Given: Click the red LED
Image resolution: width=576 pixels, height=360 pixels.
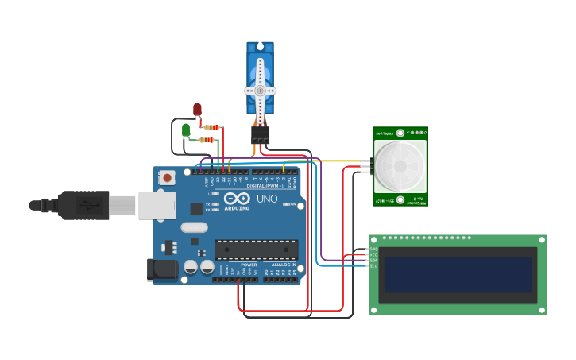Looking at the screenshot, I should click(x=197, y=110).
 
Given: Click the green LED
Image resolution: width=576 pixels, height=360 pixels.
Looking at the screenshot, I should click(x=186, y=130).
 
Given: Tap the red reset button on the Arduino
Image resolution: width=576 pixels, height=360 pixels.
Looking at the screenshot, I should click(x=168, y=178).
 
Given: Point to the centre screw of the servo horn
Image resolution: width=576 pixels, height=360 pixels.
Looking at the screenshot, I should click(x=260, y=91).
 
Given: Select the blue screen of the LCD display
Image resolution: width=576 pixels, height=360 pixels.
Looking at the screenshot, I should click(x=457, y=274).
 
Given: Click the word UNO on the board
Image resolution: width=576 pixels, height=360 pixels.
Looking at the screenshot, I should click(x=268, y=199).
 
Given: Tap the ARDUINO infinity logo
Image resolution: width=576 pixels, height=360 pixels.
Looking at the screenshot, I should click(x=237, y=199).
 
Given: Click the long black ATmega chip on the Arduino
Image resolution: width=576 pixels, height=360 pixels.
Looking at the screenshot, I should click(x=256, y=249).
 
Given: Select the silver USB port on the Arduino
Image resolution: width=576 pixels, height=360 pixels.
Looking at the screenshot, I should click(x=157, y=205).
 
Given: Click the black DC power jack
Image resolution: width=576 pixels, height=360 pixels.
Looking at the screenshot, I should click(x=162, y=269).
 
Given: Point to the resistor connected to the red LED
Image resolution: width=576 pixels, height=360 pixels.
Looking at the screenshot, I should click(x=212, y=127).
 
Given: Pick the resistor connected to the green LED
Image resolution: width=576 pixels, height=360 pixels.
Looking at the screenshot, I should click(x=207, y=140).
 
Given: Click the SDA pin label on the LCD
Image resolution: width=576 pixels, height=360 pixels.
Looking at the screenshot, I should click(x=373, y=260).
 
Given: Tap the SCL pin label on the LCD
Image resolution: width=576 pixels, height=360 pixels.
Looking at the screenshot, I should click(x=373, y=265).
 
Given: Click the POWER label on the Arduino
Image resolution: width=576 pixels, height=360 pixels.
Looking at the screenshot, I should click(x=249, y=265).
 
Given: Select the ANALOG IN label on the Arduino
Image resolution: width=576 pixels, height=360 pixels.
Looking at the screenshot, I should click(x=284, y=265).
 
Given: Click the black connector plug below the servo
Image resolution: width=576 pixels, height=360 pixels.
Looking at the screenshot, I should click(x=261, y=134).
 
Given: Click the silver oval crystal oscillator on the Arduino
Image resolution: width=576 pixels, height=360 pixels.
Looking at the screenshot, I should click(x=194, y=227).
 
